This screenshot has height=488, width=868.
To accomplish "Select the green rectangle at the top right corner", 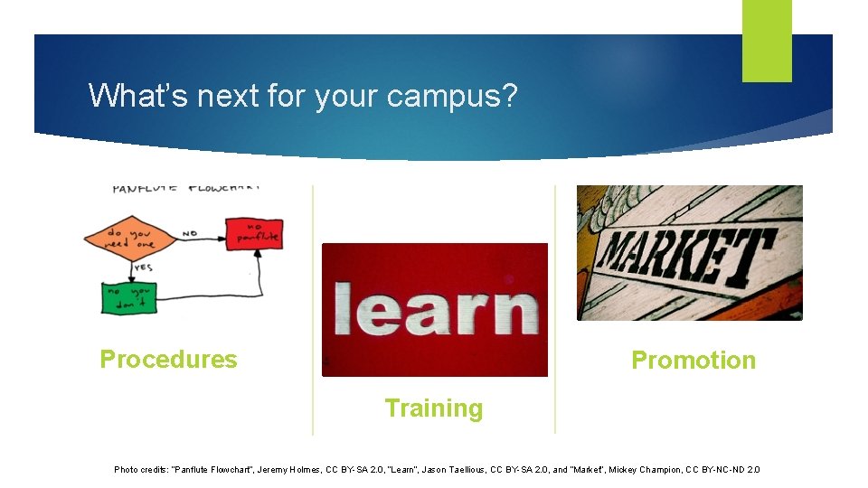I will (767, 41).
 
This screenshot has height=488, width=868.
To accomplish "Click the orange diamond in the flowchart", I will (131, 238).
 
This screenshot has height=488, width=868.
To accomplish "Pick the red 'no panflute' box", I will (254, 234).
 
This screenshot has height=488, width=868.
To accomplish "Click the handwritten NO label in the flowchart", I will (190, 233).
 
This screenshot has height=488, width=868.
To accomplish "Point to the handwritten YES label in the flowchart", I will (144, 268).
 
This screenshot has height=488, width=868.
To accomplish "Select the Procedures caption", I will (168, 360).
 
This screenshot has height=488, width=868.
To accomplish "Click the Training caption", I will (434, 408).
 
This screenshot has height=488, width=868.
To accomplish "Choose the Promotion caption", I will (693, 361).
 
